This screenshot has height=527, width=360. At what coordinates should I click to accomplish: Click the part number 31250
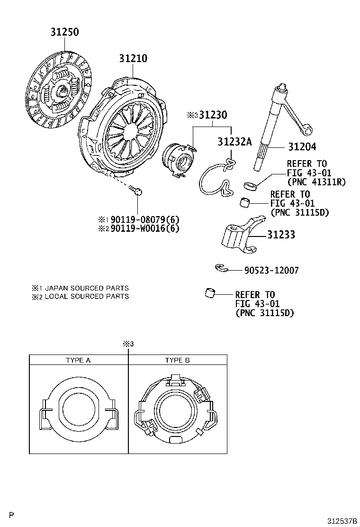(x=65, y=32)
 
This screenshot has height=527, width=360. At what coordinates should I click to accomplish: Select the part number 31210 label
(x=133, y=58)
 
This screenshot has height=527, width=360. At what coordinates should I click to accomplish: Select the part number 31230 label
(x=213, y=115)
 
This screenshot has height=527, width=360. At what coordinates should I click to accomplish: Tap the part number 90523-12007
(x=271, y=271)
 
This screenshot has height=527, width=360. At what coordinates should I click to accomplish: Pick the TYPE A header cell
(x=78, y=360)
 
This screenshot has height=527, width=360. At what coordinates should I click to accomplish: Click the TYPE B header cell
(x=177, y=360)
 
